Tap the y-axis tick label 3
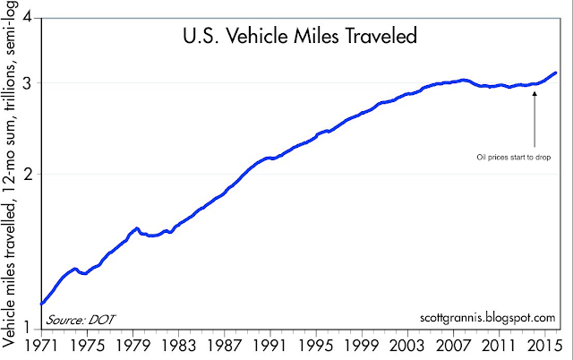[x=27, y=82]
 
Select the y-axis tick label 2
[x=27, y=174]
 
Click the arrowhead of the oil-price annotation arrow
[x=534, y=90]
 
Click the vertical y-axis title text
[x=10, y=179]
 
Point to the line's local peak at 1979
[x=136, y=228]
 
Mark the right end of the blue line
[x=556, y=73]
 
